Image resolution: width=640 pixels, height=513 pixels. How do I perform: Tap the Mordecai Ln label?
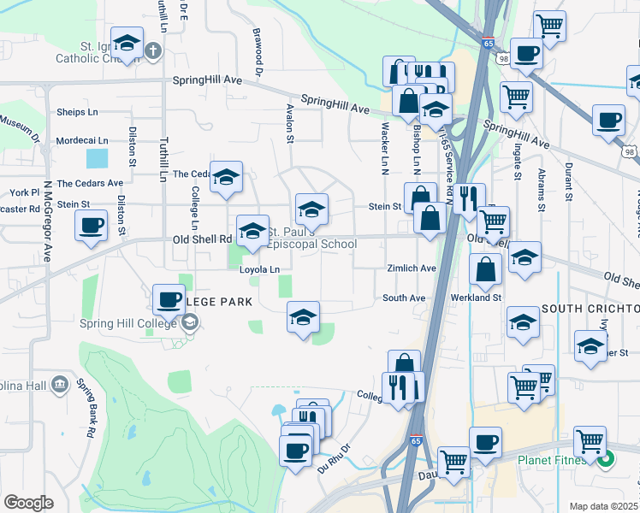coord(81,140)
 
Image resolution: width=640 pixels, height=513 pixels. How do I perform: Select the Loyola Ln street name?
coord(260,269)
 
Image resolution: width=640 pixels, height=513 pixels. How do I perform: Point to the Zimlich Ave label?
coord(411,268)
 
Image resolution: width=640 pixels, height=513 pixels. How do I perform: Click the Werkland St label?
coord(477,298)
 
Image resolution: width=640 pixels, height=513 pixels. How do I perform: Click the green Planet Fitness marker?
coord(606,460)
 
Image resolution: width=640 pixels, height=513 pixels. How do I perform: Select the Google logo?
coord(28,503)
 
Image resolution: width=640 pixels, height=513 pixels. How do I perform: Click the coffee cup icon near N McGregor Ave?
coord(91,227)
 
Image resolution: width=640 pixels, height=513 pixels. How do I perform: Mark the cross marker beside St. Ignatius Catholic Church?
coord(153,50)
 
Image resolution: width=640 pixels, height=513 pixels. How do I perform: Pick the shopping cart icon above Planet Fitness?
coord(590,442)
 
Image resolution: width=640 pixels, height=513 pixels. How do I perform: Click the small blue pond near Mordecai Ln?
coord(98,158)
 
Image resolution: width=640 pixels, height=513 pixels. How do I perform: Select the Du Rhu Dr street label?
coord(334,459)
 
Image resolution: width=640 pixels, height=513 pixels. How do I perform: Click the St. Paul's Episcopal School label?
coord(311,238)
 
